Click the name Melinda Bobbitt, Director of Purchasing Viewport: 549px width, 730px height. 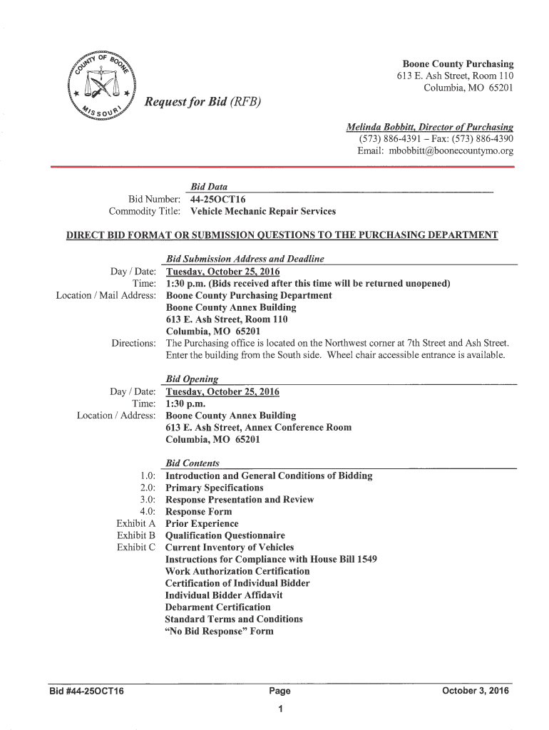click(x=429, y=126)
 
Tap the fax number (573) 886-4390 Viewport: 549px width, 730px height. click(x=485, y=138)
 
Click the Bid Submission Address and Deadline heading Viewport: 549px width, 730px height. click(x=245, y=259)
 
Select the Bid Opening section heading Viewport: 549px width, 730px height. click(x=192, y=379)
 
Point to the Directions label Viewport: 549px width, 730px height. click(x=133, y=343)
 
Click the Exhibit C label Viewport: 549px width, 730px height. click(x=135, y=547)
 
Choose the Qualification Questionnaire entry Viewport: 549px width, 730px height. click(x=225, y=535)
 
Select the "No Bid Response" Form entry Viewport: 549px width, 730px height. click(x=219, y=631)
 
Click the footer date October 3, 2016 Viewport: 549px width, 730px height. click(x=476, y=691)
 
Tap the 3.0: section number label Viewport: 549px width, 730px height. click(x=148, y=500)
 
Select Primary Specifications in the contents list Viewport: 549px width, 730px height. click(x=214, y=488)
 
